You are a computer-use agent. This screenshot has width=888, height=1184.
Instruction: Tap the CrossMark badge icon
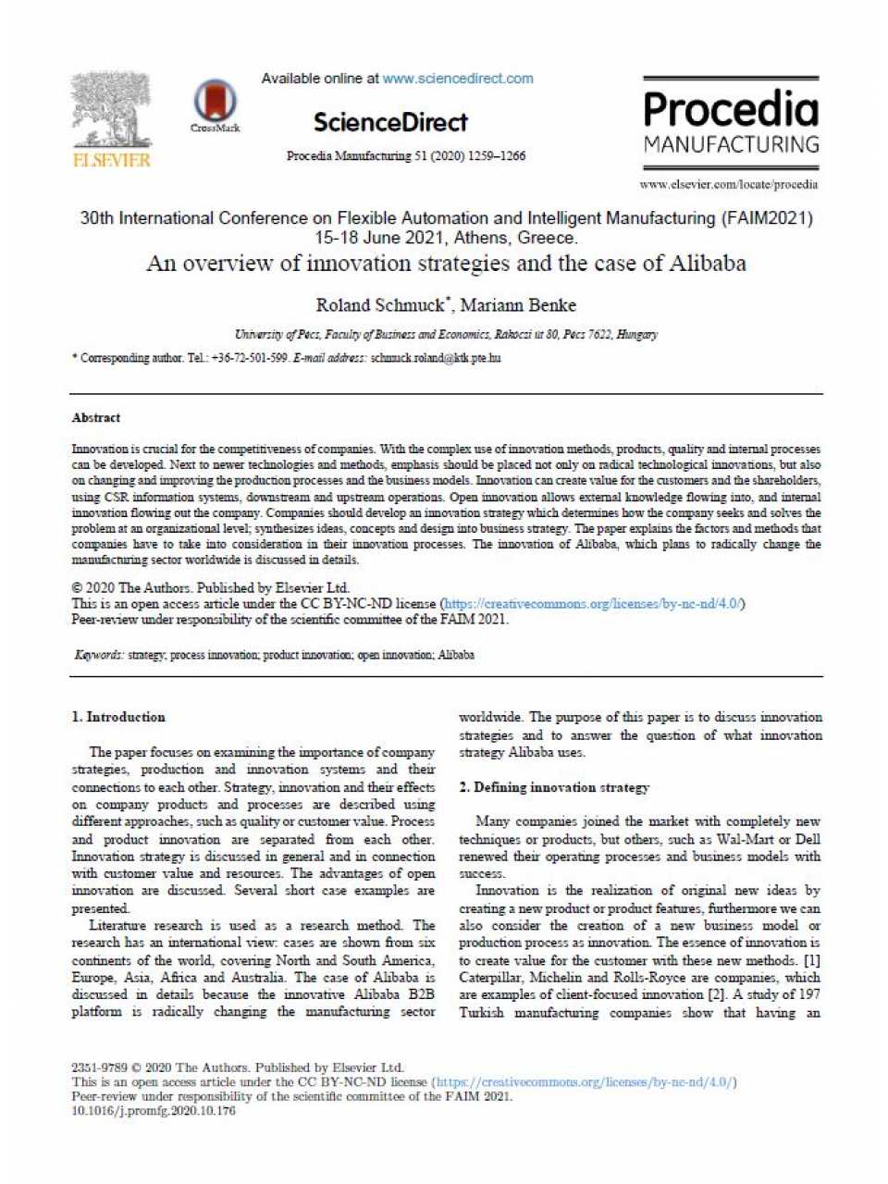click(x=215, y=104)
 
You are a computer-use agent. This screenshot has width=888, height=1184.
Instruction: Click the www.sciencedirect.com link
click(x=458, y=79)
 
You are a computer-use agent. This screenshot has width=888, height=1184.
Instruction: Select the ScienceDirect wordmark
click(x=390, y=122)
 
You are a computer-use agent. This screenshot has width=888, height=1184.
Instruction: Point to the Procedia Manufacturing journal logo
click(x=731, y=121)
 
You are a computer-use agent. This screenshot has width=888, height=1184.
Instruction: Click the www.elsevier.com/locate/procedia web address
click(x=729, y=184)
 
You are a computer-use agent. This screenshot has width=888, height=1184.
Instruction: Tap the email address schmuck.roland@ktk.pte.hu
click(x=436, y=358)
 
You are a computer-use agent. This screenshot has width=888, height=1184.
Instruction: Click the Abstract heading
click(x=96, y=418)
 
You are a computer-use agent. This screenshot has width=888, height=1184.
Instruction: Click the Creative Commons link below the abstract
click(x=593, y=604)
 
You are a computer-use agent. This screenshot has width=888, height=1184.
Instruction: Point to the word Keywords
click(x=98, y=655)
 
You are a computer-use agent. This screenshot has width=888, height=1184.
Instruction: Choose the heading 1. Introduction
click(x=118, y=717)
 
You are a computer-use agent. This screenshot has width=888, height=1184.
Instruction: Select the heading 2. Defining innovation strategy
click(x=554, y=787)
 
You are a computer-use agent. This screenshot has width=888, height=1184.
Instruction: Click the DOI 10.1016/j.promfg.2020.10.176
click(x=154, y=1111)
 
